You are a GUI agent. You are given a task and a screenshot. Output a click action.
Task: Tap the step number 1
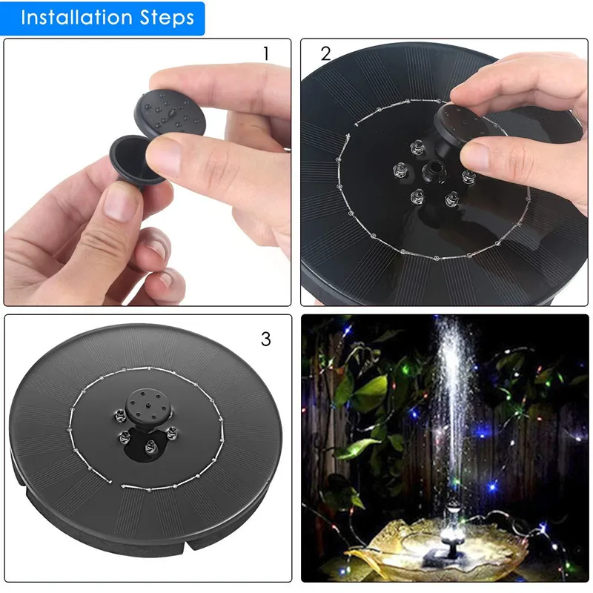[266, 54]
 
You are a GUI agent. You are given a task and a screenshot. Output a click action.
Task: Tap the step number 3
[266, 339]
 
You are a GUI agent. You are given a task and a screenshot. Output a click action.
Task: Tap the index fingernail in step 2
[467, 89]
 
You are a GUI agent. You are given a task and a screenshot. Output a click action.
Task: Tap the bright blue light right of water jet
[483, 430]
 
